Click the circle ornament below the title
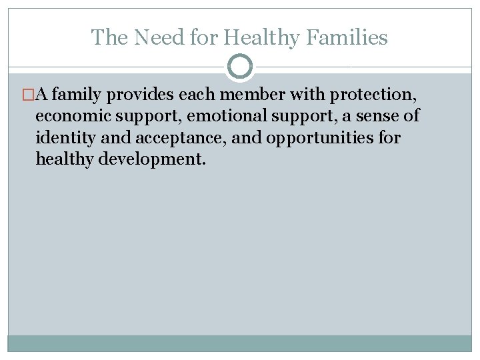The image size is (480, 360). tap(240, 67)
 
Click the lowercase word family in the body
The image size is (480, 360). tap(69, 95)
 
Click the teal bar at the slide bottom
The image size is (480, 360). tap(240, 343)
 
